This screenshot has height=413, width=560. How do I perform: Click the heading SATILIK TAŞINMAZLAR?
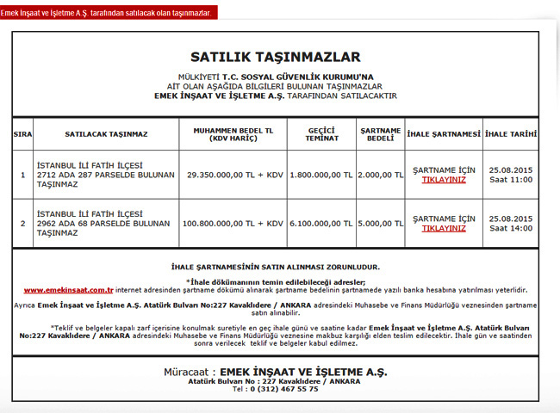coord(276,58)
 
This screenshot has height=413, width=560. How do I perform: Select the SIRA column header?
coord(22,134)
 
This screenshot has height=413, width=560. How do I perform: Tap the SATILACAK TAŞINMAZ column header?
coord(106,134)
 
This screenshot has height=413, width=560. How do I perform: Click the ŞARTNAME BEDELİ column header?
coord(380,134)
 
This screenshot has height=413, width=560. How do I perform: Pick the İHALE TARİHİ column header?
coord(511,134)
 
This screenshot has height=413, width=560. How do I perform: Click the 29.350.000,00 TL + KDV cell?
coord(234,175)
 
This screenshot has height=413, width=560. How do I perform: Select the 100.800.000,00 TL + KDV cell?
coord(233,224)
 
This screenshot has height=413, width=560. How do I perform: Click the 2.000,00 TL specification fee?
coord(380,175)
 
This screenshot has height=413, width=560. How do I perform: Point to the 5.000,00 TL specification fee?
coord(380,224)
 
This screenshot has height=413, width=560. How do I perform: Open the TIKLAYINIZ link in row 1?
coord(444,180)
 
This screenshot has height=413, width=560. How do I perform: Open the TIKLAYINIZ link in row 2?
coord(444,229)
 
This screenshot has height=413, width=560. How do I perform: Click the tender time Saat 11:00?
coord(511,180)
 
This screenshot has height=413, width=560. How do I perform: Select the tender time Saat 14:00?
coord(511,229)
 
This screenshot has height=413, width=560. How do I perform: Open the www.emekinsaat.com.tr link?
coord(69,291)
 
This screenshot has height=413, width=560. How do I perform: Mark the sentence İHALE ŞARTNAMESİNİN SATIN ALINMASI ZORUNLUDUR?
coord(276,268)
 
